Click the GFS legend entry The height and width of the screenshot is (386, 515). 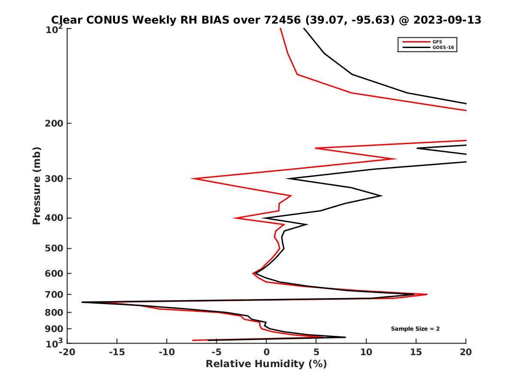tap(437, 42)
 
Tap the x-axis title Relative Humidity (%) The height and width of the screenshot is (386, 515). tap(266, 364)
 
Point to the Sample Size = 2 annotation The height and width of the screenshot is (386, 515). tap(415, 329)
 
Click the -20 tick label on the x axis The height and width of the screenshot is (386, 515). tap(67, 352)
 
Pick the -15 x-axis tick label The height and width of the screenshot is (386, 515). tap(117, 352)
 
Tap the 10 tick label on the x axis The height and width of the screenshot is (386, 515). tap(366, 352)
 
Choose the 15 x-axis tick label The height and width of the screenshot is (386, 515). tap(416, 352)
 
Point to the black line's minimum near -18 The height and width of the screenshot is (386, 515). tap(82, 302)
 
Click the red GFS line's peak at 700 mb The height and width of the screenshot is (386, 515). tap(427, 294)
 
